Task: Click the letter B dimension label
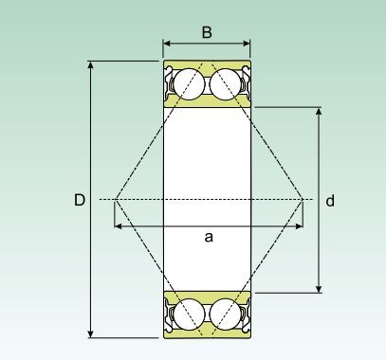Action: click(207, 32)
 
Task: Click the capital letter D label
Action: click(80, 200)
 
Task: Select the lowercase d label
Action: click(330, 201)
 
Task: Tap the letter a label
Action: click(209, 237)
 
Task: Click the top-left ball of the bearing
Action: click(189, 84)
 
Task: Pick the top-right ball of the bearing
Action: click(226, 84)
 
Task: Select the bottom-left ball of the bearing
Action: click(189, 315)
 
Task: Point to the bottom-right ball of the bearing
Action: click(226, 315)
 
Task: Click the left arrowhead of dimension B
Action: click(167, 44)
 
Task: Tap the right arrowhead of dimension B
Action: click(247, 44)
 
